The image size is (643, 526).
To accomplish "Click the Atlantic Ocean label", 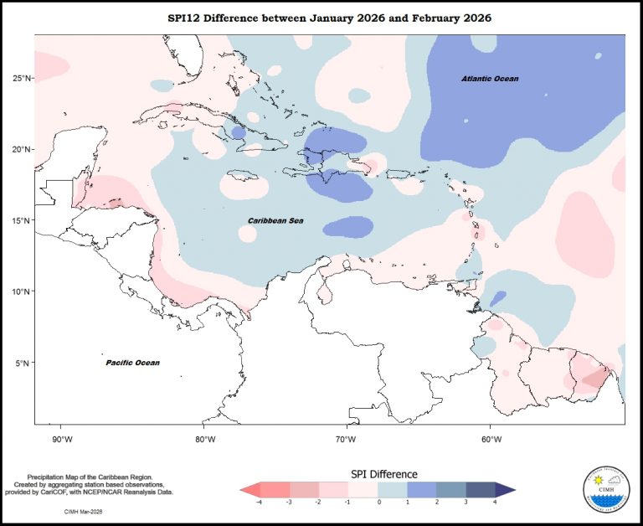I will pyautogui.click(x=490, y=79).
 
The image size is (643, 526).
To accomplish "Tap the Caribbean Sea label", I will pyautogui.click(x=275, y=220).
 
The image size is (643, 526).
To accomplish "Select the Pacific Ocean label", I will pyautogui.click(x=132, y=363).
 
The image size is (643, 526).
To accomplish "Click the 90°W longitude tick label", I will pyautogui.click(x=62, y=438).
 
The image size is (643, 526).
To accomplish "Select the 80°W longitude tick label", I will pyautogui.click(x=204, y=438).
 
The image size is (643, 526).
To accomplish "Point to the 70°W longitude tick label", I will pyautogui.click(x=347, y=438).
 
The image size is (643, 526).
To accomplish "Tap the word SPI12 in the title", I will pyautogui.click(x=187, y=18).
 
